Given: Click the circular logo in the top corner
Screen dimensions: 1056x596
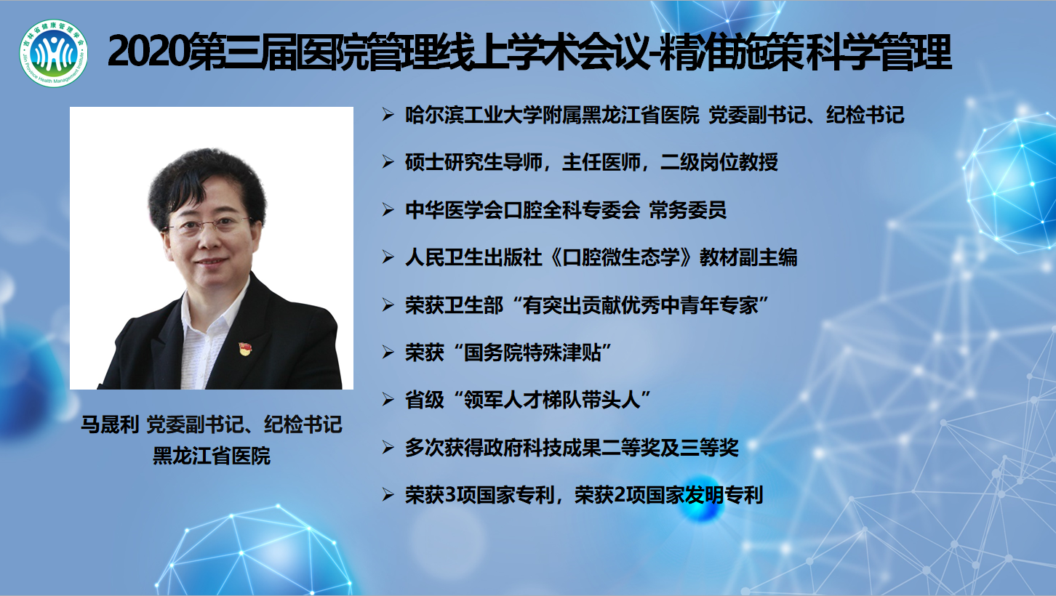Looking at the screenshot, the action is (x=53, y=53).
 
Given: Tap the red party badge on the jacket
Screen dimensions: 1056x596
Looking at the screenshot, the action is (x=245, y=349).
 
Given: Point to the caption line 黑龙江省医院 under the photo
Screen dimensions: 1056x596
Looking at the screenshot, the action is (x=212, y=456).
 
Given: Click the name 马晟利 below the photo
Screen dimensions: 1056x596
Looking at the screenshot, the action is (x=110, y=424).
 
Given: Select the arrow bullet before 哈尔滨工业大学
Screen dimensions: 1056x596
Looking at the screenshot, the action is (x=388, y=115).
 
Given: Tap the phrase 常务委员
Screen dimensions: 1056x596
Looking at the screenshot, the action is (x=688, y=210).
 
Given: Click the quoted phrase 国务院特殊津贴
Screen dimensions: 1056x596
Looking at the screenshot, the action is (x=532, y=353).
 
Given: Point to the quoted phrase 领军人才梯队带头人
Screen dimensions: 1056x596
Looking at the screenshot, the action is (x=552, y=400).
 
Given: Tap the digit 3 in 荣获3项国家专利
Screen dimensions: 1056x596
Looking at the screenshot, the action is (x=450, y=495).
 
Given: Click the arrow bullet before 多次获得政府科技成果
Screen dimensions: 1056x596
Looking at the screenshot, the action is (x=388, y=447).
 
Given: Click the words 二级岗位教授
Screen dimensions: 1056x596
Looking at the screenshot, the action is (x=719, y=162).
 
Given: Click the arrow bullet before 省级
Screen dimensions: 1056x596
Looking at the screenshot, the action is (x=388, y=400).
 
